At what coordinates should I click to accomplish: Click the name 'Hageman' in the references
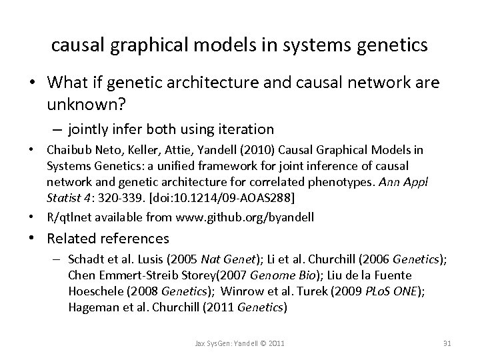pos(91,307)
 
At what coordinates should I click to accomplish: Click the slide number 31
pos(447,343)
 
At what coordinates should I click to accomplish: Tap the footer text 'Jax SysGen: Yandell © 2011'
pos(240,343)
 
